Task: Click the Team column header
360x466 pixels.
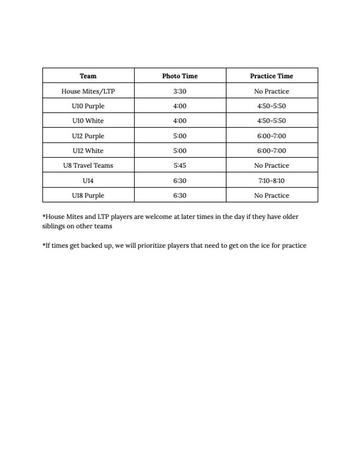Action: pos(88,76)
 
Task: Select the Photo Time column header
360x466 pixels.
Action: pos(180,76)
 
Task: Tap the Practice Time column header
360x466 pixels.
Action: pos(271,76)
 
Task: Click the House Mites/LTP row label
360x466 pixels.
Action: pos(88,91)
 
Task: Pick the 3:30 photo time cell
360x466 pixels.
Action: pos(180,91)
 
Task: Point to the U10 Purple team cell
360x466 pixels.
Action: pos(88,106)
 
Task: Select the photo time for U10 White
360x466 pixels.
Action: pos(180,121)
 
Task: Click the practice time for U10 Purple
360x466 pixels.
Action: pos(271,106)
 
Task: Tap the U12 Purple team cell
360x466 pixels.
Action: pos(88,136)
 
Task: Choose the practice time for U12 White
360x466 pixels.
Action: pos(271,151)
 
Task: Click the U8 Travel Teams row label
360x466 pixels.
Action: pos(88,165)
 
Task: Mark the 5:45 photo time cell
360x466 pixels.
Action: pos(180,165)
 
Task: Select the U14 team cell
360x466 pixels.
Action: pos(88,181)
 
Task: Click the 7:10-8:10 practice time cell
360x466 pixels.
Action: pos(271,181)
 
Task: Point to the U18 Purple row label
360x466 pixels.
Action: pos(88,195)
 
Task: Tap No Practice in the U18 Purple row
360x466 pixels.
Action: pos(271,195)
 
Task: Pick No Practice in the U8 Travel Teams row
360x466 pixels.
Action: pos(271,165)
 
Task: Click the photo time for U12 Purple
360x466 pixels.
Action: pos(180,136)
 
